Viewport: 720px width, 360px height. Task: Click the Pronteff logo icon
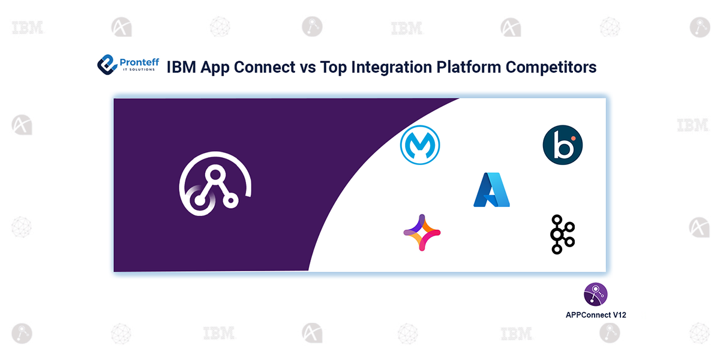tap(107, 64)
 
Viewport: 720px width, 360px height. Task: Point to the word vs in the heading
tap(306, 67)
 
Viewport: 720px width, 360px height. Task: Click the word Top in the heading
tap(332, 67)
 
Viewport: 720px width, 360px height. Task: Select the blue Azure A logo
tap(491, 190)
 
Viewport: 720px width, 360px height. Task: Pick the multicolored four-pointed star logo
tap(422, 232)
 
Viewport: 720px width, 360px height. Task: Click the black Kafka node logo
tap(562, 233)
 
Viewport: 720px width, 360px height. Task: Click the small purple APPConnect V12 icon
tap(595, 295)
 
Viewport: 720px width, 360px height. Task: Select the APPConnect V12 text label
tap(596, 314)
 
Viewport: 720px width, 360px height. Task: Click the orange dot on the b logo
tap(573, 139)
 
